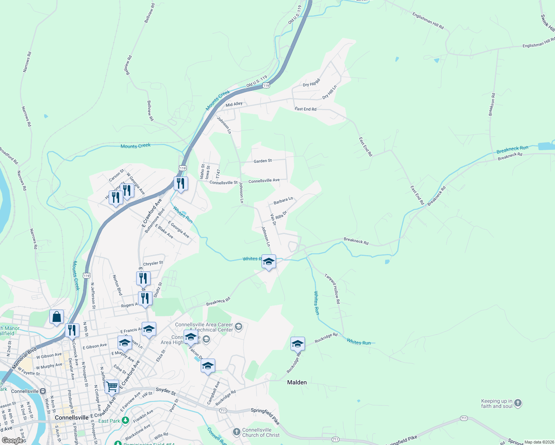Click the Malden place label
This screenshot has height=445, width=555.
click(x=297, y=382)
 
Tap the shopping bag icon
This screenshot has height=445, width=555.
click(x=56, y=317)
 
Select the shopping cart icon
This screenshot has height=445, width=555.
click(x=112, y=386)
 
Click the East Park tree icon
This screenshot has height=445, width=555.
click(x=125, y=421)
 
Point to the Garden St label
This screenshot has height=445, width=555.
click(x=263, y=161)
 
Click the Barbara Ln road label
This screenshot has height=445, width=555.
click(x=283, y=201)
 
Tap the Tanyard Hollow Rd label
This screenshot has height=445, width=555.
click(x=332, y=289)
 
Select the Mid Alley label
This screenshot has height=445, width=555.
click(x=234, y=105)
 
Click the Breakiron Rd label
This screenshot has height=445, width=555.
click(x=492, y=105)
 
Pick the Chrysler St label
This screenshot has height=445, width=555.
click(x=153, y=264)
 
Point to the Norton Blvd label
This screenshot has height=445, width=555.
click(x=117, y=285)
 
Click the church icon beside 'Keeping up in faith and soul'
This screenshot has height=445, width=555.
click(x=518, y=403)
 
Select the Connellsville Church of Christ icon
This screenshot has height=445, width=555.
click(x=236, y=432)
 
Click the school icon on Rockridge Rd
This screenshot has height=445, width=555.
click(x=298, y=344)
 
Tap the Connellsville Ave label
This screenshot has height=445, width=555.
click(x=264, y=181)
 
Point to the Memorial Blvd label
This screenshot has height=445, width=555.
click(x=24, y=359)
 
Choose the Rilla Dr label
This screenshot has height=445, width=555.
click(x=282, y=216)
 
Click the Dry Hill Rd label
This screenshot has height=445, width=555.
click(x=311, y=83)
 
